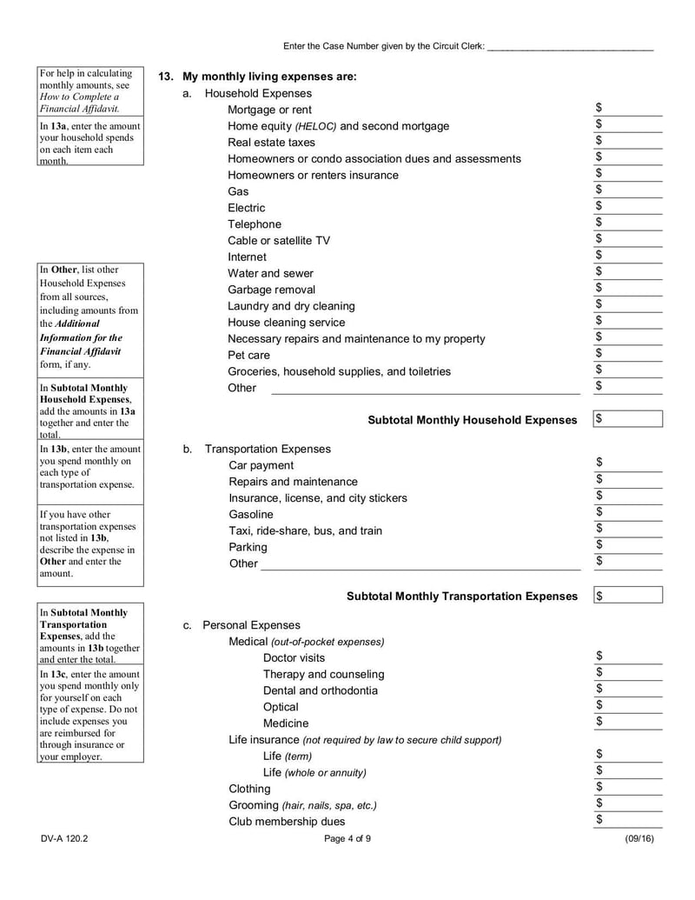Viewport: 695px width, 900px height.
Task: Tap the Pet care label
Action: click(x=248, y=355)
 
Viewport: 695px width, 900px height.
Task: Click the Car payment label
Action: click(x=261, y=465)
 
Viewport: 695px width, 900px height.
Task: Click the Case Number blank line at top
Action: click(x=570, y=46)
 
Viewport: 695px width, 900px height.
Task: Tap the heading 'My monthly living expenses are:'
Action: click(x=269, y=77)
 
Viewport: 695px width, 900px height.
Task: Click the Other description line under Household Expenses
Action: click(x=426, y=388)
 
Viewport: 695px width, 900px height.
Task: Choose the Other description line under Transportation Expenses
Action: click(x=420, y=563)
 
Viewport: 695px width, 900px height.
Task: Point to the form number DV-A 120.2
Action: click(x=64, y=839)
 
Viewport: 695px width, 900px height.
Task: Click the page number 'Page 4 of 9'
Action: click(x=347, y=839)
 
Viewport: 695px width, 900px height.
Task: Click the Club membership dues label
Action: click(x=287, y=822)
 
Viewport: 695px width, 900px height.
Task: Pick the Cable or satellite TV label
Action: click(x=279, y=240)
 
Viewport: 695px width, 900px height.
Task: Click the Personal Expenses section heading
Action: click(x=251, y=625)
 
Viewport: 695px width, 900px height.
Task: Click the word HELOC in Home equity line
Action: click(x=315, y=126)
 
